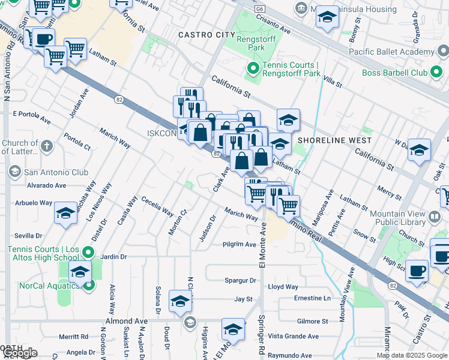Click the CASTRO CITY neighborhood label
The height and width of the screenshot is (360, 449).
click(206, 35)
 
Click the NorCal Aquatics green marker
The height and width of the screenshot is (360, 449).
click(88, 285)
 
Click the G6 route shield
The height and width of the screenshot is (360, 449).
click(259, 9)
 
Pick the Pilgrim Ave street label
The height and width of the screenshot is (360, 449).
click(240, 244)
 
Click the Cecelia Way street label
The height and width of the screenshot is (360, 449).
click(157, 205)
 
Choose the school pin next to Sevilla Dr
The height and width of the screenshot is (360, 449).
click(65, 213)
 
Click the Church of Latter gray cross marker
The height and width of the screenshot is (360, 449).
click(46, 146)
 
